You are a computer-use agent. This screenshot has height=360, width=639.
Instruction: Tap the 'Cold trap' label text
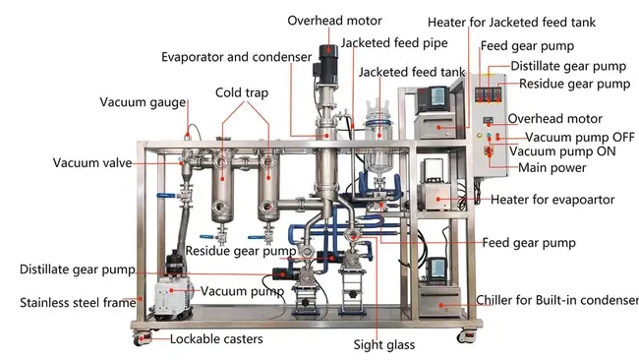coord(241,92)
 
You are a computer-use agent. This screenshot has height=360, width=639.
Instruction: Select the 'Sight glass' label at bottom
coord(385,345)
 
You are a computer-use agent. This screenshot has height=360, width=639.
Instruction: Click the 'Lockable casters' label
coord(216,339)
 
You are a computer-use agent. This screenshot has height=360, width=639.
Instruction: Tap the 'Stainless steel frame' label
coord(77,302)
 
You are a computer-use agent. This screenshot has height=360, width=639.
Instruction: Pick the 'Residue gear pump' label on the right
coord(574,84)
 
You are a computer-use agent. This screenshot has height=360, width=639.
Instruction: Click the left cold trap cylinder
coord(225,187)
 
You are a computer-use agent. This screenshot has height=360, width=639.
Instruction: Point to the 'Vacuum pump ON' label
coord(568,151)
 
